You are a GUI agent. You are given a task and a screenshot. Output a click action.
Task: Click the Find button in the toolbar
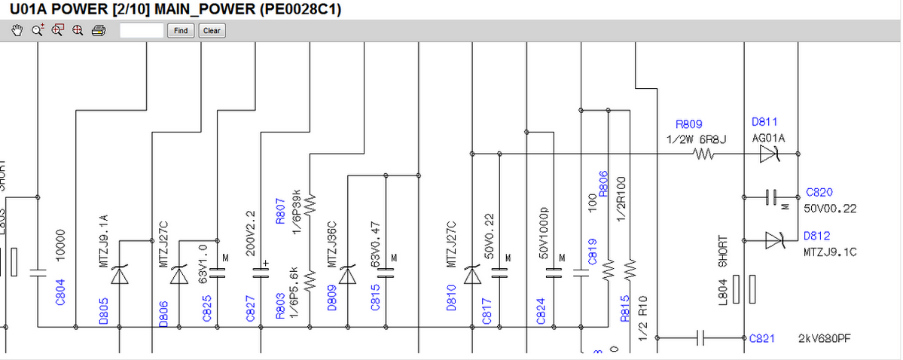(181, 31)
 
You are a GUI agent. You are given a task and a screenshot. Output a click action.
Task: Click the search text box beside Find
(142, 31)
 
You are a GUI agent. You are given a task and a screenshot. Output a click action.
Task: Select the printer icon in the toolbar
(98, 31)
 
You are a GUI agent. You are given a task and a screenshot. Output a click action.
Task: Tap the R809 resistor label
(689, 124)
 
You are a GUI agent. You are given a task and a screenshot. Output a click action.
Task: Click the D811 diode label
(764, 122)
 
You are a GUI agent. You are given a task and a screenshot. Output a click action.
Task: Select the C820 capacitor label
(819, 193)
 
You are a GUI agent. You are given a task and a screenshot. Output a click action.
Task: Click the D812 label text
(816, 236)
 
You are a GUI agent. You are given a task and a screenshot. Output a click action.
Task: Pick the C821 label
(764, 338)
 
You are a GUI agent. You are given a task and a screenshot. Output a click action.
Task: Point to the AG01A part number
(769, 139)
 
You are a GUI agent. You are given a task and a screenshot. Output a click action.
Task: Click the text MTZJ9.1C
(830, 252)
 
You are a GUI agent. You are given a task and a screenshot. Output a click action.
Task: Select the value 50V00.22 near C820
(831, 208)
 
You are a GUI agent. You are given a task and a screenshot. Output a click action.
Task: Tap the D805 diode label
(104, 310)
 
